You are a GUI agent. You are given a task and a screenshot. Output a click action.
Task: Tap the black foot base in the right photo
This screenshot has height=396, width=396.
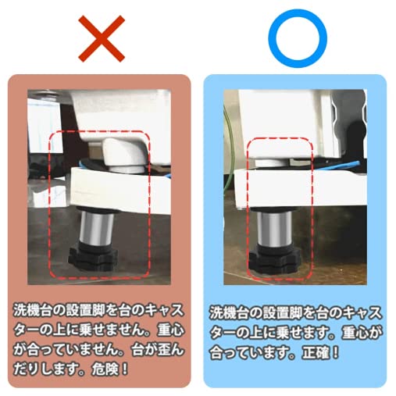click(x=277, y=258)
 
